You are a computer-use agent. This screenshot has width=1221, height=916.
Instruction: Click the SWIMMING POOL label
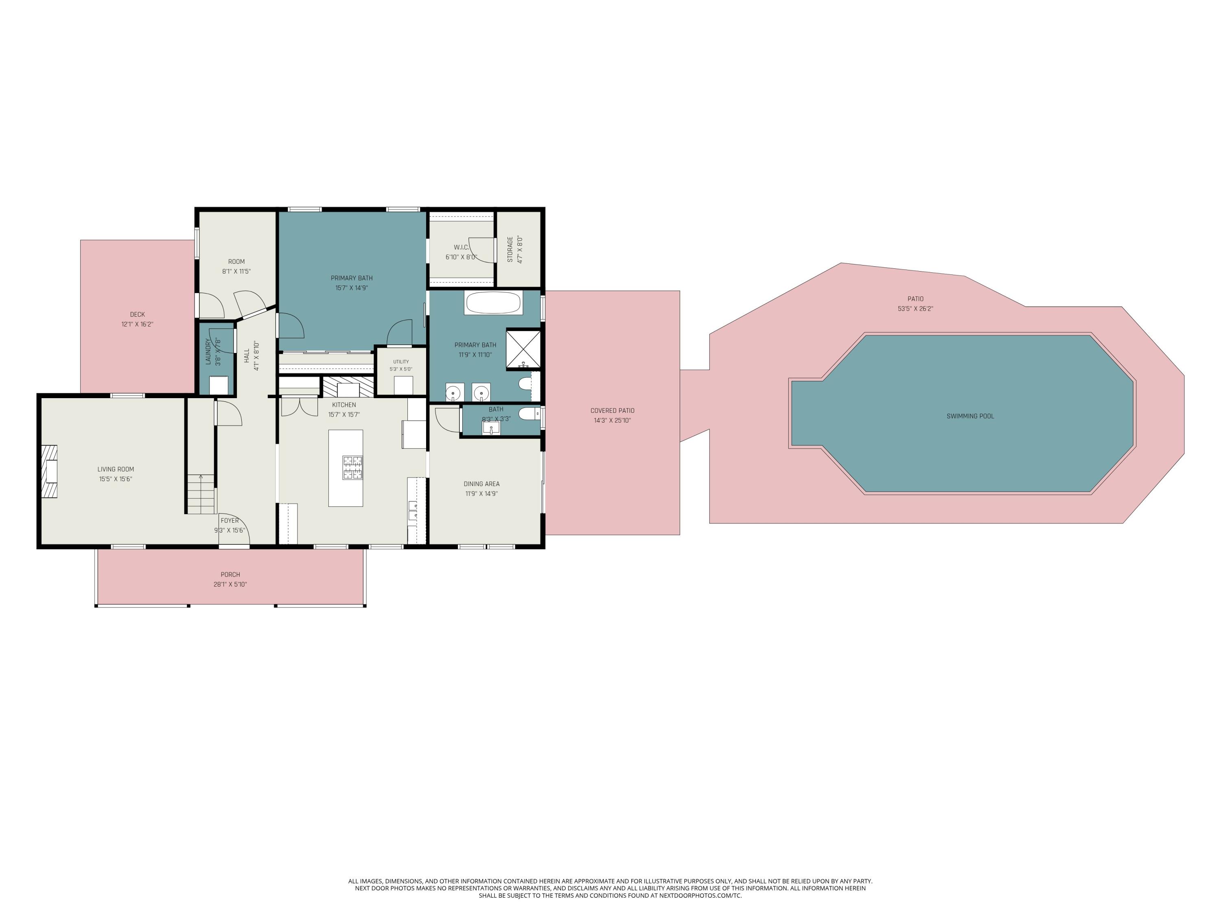point(970,416)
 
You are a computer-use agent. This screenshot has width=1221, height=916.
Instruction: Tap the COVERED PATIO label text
point(612,411)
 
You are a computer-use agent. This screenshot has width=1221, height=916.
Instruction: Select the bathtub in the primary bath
point(493,303)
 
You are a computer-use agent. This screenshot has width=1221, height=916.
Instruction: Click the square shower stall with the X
point(523,348)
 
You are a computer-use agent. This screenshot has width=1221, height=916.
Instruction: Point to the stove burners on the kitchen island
point(353,467)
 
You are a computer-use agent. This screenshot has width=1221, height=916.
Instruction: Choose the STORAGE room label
point(510,250)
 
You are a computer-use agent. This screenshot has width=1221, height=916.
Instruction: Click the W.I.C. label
point(462,248)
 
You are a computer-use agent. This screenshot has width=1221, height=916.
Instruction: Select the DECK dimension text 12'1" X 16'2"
point(138,324)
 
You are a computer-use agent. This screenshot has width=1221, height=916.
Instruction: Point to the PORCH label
point(230,575)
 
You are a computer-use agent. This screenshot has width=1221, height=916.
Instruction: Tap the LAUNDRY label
point(208,352)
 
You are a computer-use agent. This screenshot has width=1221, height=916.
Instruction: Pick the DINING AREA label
point(481,484)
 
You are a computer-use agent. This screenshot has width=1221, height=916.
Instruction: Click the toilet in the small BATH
point(529,414)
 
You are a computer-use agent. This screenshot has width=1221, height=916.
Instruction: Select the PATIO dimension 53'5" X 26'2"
point(915,309)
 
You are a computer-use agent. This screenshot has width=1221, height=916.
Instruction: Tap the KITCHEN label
point(344,405)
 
